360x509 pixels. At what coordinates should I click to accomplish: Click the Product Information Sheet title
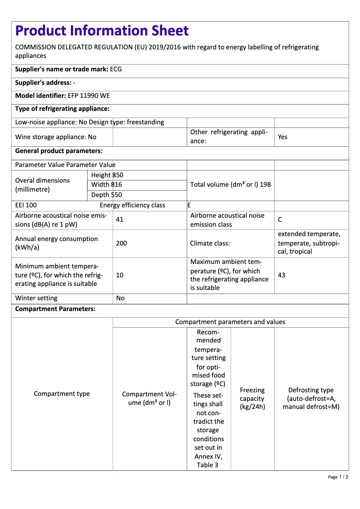pyautogui.click(x=102, y=31)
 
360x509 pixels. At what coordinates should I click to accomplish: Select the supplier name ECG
pyautogui.click(x=116, y=70)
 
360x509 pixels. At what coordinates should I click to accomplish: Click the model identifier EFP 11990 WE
pyautogui.click(x=88, y=96)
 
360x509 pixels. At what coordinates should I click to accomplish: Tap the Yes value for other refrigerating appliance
pyautogui.click(x=282, y=137)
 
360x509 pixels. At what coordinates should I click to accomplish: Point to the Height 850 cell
pyautogui.click(x=107, y=175)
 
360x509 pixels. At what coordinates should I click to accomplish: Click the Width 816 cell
pyautogui.click(x=106, y=185)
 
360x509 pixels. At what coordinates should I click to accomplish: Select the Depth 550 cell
pyautogui.click(x=106, y=195)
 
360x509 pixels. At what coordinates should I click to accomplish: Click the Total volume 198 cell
pyautogui.click(x=230, y=184)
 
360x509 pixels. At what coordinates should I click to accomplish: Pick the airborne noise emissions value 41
pyautogui.click(x=119, y=220)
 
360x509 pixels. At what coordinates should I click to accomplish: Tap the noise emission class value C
pyautogui.click(x=280, y=220)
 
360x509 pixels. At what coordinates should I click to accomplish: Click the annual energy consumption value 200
pyautogui.click(x=121, y=243)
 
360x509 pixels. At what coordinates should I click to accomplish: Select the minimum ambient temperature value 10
pyautogui.click(x=119, y=275)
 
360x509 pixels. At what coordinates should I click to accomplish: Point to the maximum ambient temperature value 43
pyautogui.click(x=281, y=275)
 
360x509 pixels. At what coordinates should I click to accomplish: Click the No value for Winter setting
pyautogui.click(x=120, y=298)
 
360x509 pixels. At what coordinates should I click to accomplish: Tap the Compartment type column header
pyautogui.click(x=62, y=394)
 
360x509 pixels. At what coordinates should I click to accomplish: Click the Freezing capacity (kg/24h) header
pyautogui.click(x=252, y=399)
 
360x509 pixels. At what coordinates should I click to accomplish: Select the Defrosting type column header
pyautogui.click(x=311, y=399)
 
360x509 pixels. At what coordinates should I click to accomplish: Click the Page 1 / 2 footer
pyautogui.click(x=338, y=477)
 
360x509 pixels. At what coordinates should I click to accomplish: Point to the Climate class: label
pyautogui.click(x=210, y=243)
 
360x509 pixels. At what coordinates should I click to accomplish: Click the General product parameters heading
pyautogui.click(x=59, y=151)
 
